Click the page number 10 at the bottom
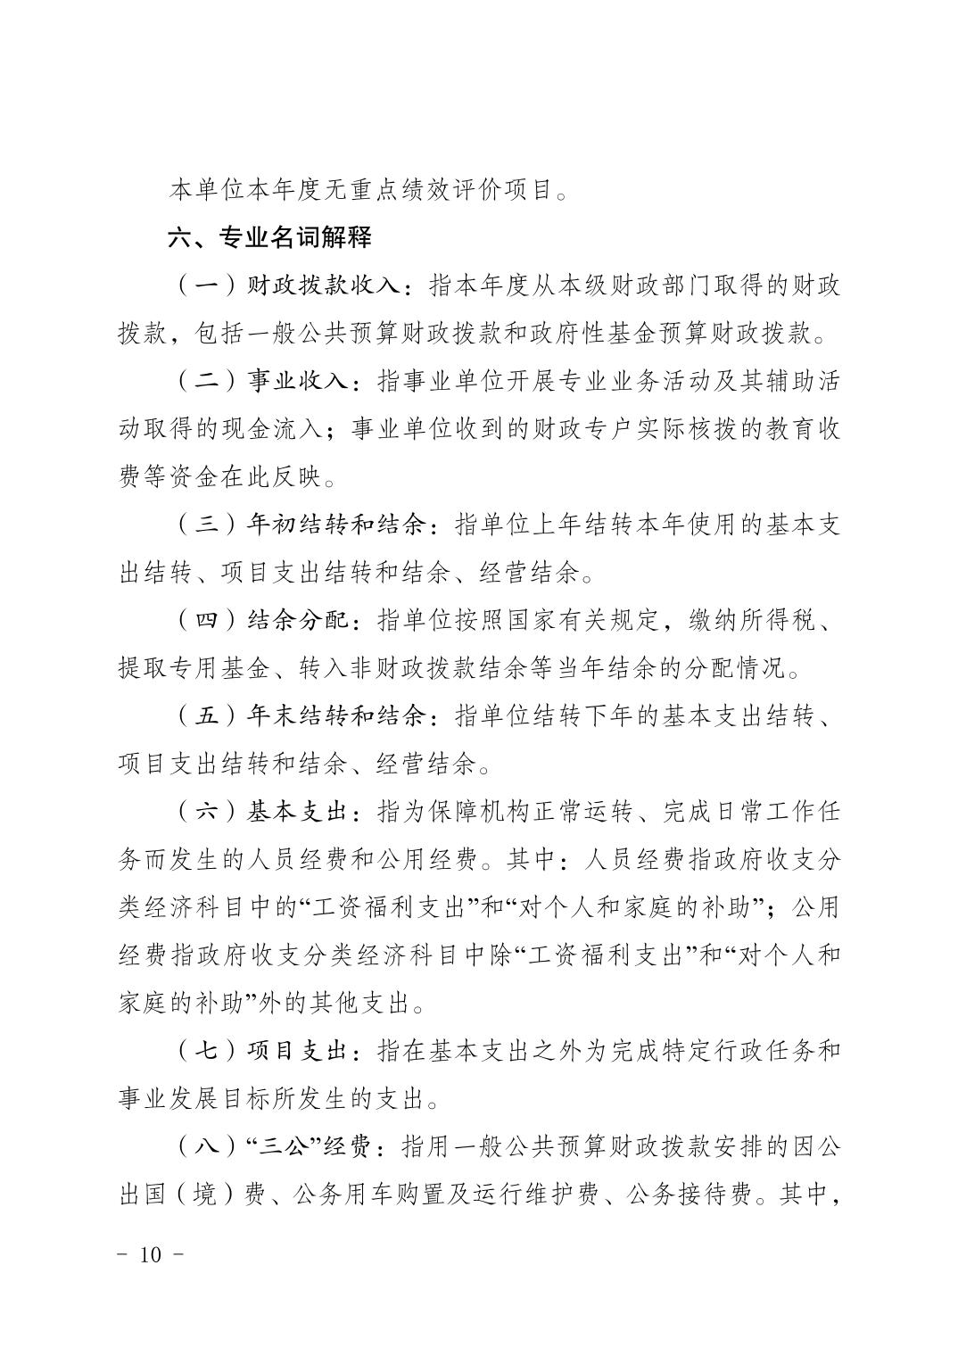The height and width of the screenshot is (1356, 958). coord(151,1254)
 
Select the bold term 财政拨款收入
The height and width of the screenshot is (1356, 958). coord(325,287)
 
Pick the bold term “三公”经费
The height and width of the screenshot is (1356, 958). coord(311,1146)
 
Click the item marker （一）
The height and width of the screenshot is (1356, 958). coord(206,287)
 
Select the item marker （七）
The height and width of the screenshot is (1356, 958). coord(206,1051)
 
